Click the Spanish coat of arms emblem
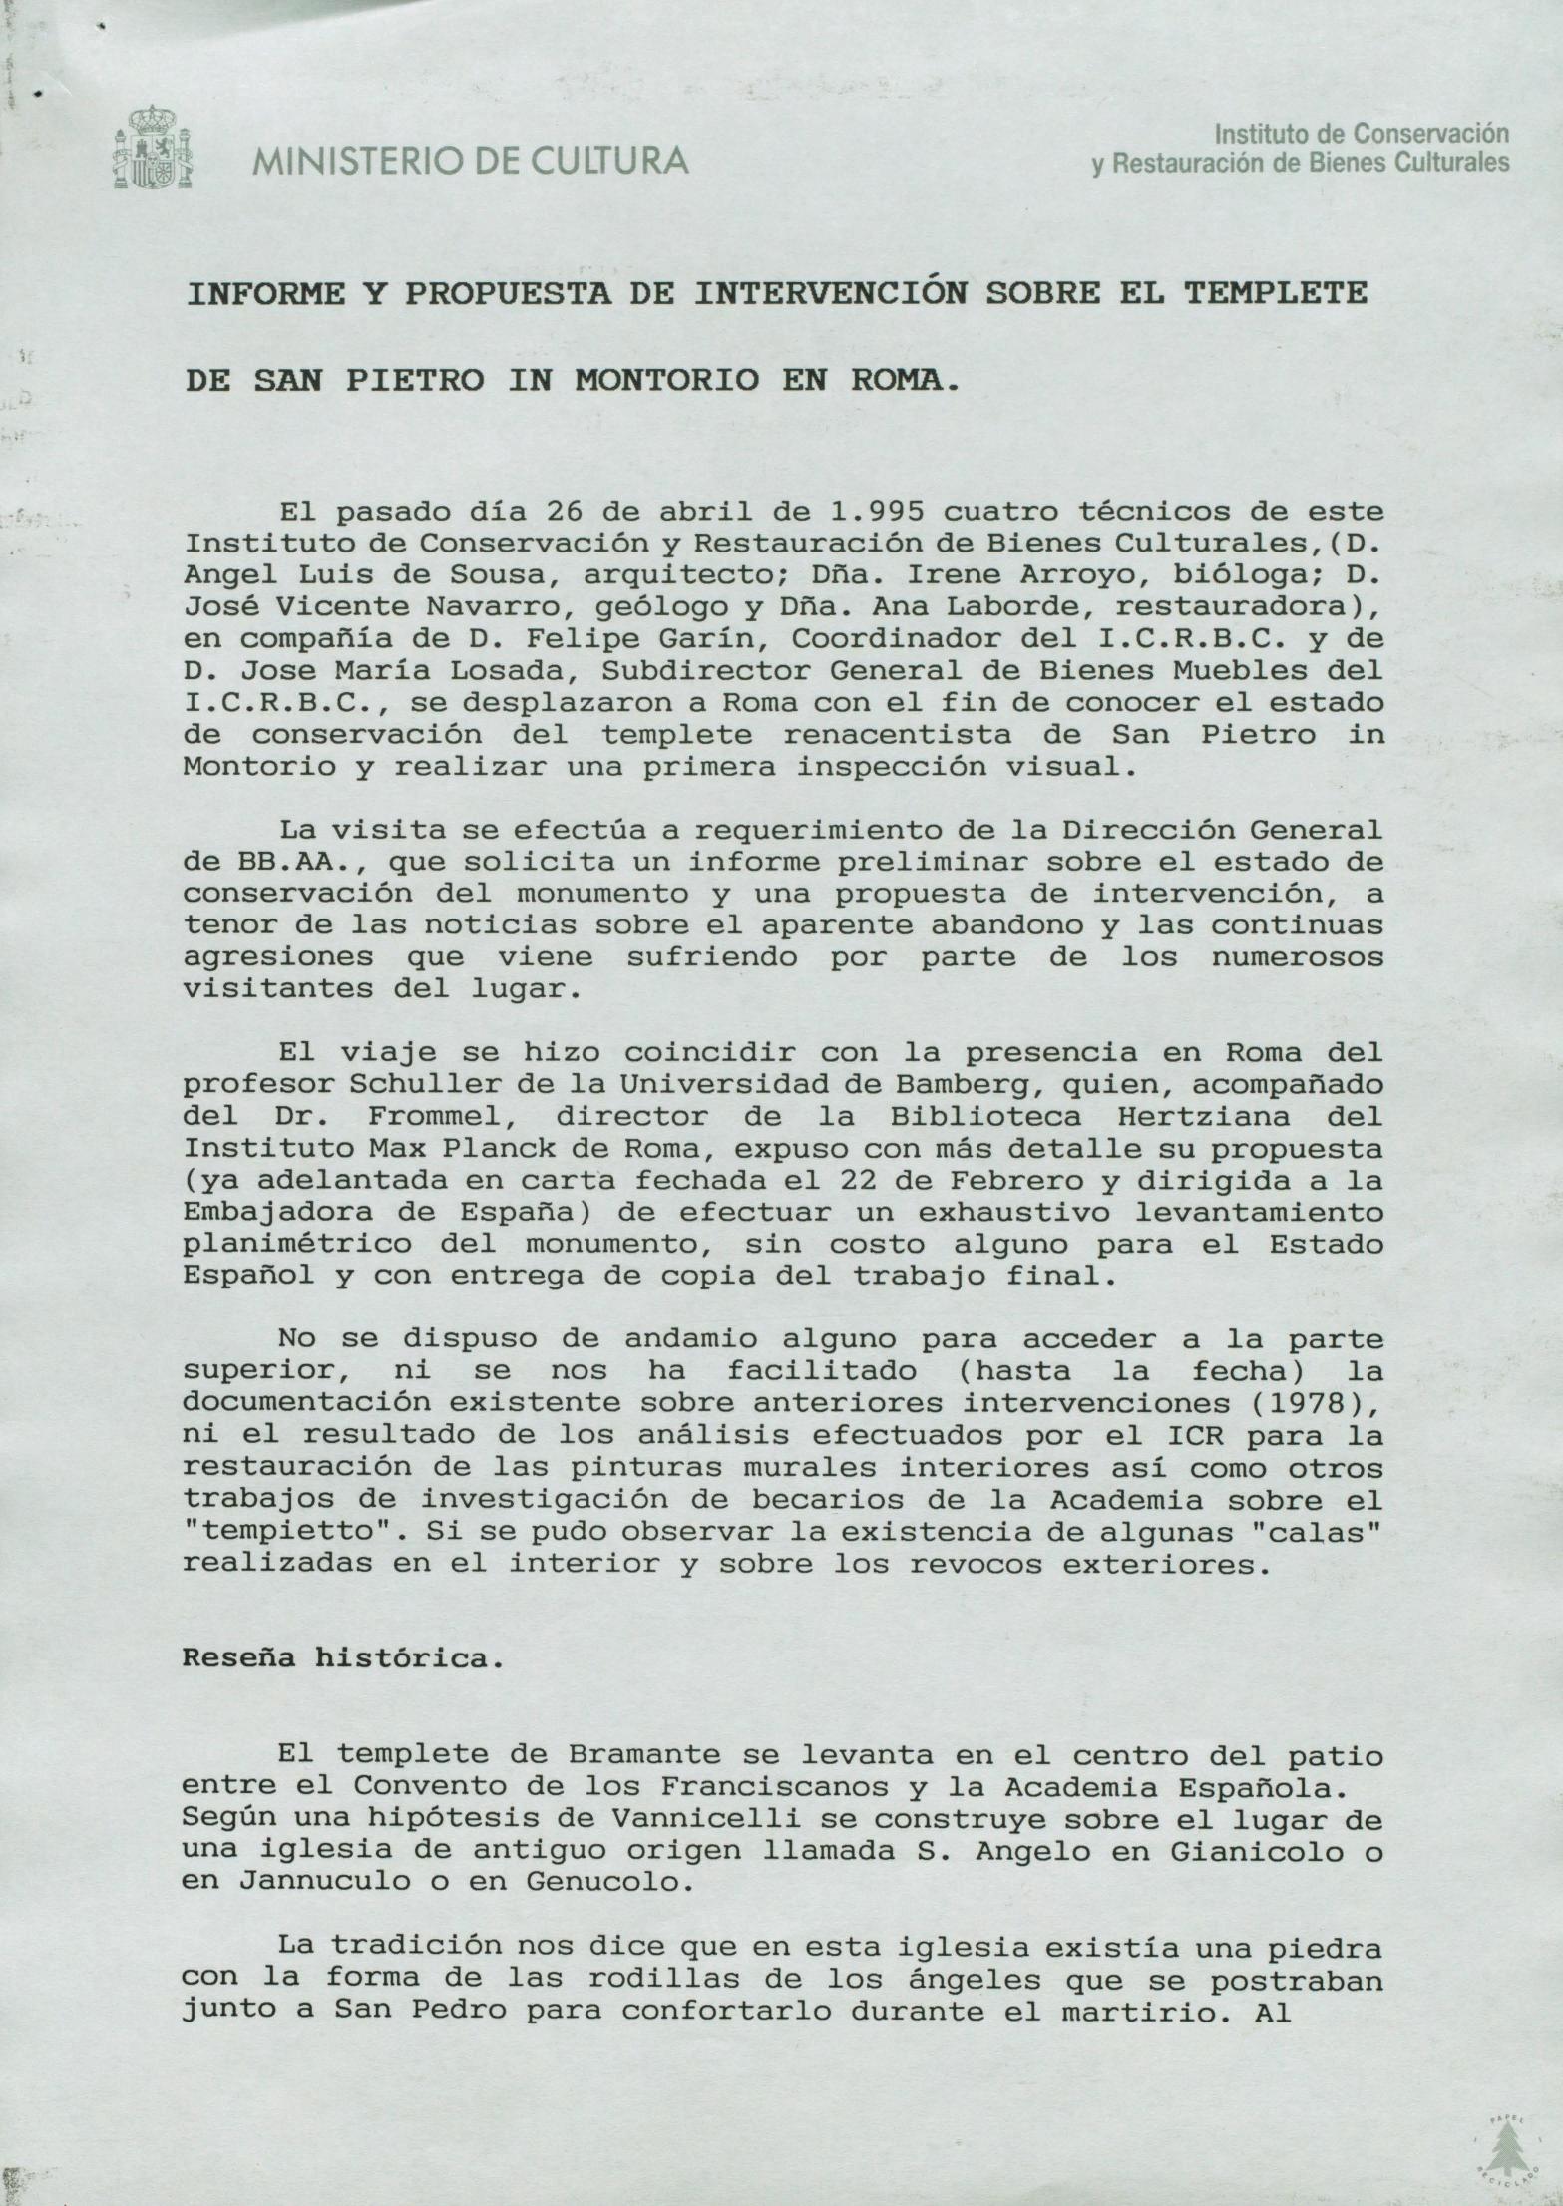153,149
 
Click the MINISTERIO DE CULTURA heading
470,161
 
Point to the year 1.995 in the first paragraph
876,512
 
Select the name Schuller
399,1084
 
